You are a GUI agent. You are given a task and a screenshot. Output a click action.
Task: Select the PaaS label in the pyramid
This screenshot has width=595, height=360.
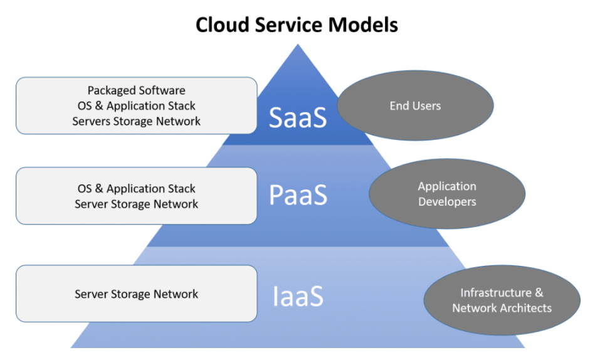tap(298, 194)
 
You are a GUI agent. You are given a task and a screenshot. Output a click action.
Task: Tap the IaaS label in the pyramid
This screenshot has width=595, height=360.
tap(298, 296)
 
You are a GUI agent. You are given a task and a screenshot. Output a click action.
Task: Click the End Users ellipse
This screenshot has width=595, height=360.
tap(415, 105)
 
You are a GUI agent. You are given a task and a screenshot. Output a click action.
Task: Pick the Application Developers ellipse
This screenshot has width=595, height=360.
tap(447, 194)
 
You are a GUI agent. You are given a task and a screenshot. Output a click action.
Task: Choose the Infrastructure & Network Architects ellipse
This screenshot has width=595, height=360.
tap(502, 300)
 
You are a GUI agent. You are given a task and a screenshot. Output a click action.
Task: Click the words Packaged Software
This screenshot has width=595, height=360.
tap(136, 90)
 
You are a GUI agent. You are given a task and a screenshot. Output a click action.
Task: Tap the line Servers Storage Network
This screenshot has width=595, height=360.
tap(136, 121)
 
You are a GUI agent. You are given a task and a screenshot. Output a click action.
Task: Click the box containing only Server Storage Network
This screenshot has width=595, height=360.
tap(136, 294)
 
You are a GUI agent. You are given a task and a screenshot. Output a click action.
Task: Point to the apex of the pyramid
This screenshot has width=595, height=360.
tap(298, 45)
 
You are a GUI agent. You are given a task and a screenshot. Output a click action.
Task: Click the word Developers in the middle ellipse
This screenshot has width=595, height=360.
tap(447, 202)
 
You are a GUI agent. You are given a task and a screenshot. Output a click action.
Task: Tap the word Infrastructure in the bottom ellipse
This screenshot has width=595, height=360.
tap(496, 292)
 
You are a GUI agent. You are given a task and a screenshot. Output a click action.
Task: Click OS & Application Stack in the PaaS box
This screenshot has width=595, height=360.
tap(136, 188)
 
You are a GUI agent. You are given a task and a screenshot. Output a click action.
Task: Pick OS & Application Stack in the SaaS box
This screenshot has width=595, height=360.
tap(136, 105)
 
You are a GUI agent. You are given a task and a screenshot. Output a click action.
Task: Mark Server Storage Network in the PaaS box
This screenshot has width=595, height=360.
tap(136, 204)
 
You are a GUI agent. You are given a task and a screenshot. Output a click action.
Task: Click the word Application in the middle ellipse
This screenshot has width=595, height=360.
tap(447, 186)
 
